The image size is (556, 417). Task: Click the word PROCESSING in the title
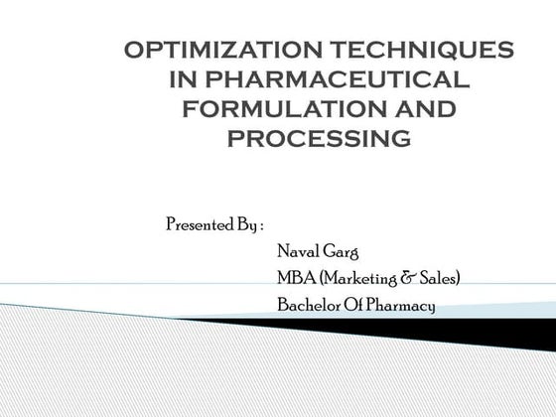tap(319, 138)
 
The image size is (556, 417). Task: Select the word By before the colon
tap(246, 224)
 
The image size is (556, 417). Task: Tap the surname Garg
tap(343, 252)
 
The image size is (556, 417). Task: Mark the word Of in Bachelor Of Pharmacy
tap(354, 305)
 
